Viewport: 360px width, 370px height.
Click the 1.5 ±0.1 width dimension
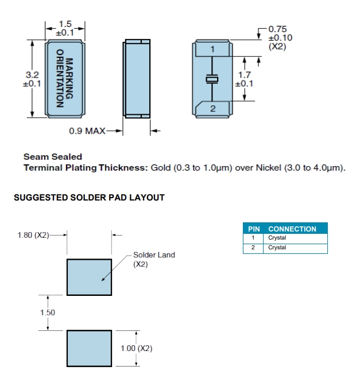[x=65, y=29]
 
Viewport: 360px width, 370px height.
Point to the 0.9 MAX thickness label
[x=87, y=131]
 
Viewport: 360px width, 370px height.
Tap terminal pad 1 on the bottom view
[x=212, y=49]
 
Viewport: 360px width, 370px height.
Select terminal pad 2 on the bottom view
[x=212, y=107]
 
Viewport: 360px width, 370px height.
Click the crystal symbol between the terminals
[x=212, y=79]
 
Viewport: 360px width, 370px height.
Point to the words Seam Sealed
[x=53, y=156]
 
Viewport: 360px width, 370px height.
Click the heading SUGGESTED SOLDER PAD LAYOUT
[x=89, y=198]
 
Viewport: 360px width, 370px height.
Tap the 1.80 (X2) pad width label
[x=33, y=234]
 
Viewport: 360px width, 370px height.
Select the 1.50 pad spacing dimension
[x=48, y=312]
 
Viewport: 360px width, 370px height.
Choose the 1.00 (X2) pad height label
[x=137, y=348]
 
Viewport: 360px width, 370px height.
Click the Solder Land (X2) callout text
[x=154, y=259]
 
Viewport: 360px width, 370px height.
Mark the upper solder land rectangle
[x=89, y=277]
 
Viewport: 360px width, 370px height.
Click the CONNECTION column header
[x=292, y=229]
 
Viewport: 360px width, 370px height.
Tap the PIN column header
[x=254, y=229]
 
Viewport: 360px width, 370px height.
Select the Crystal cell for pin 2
[x=277, y=248]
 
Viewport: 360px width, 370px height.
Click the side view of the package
[x=137, y=79]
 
